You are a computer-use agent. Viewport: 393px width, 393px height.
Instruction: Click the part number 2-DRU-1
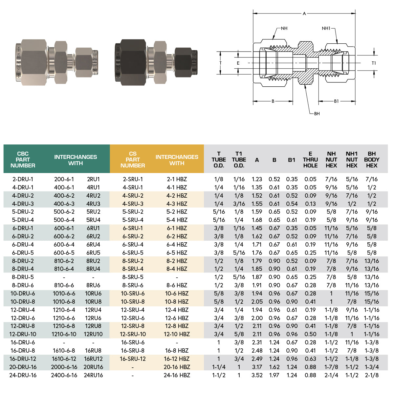(23, 179)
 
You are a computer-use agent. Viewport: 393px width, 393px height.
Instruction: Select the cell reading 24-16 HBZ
(177, 375)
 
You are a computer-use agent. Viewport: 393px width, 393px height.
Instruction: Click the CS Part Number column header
(133, 160)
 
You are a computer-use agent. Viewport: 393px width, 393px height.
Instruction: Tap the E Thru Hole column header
(310, 160)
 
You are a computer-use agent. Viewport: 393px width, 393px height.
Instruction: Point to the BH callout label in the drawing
(317, 114)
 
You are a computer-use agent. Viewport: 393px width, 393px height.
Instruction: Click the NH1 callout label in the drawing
(326, 29)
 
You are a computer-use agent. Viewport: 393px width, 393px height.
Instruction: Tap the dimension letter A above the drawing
(304, 14)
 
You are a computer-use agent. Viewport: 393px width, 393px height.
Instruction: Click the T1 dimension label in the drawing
(374, 63)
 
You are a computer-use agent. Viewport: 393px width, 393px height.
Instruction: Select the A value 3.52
(257, 375)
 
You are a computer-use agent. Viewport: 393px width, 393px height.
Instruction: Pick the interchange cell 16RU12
(93, 359)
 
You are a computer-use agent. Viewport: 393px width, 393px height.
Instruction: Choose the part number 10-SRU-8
(133, 302)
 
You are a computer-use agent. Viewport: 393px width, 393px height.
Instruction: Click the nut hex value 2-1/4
(331, 375)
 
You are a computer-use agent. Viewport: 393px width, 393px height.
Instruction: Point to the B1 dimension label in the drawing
(336, 101)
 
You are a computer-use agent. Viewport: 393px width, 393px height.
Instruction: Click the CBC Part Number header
(23, 160)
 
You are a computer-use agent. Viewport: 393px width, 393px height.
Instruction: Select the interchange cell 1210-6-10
(64, 334)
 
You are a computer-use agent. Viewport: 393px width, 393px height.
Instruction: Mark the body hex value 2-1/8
(372, 375)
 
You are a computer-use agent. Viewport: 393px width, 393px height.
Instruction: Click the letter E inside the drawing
(238, 63)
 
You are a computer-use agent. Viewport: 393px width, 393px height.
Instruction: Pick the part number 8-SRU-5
(133, 277)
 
